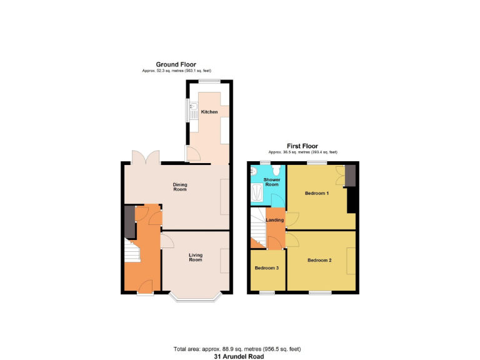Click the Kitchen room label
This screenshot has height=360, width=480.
[209, 112]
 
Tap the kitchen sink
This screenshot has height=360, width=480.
[194, 111]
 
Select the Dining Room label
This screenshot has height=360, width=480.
[181, 187]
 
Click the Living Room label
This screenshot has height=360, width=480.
[196, 257]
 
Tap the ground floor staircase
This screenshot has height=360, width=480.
[131, 252]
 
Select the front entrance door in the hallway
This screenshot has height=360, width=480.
[146, 287]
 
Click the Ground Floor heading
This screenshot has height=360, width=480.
[176, 64]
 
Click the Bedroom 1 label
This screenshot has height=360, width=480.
[317, 193]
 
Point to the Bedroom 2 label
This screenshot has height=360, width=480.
[319, 260]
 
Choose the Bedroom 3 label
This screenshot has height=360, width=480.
[267, 268]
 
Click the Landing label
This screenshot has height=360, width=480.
[275, 220]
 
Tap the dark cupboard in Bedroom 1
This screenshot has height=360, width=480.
[350, 176]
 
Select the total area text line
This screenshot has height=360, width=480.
[240, 349]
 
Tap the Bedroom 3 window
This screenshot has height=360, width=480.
[267, 292]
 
